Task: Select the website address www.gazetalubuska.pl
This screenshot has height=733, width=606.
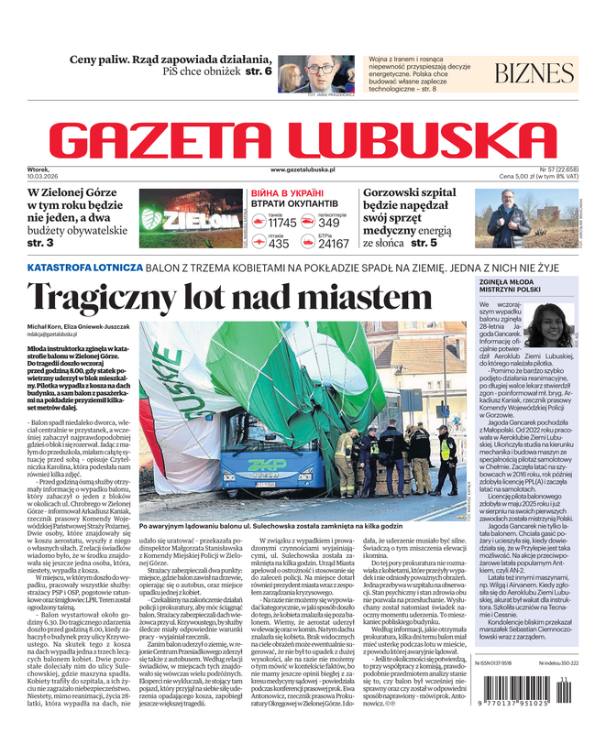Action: click(303, 170)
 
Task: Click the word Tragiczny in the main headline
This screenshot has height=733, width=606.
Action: click(116, 299)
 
